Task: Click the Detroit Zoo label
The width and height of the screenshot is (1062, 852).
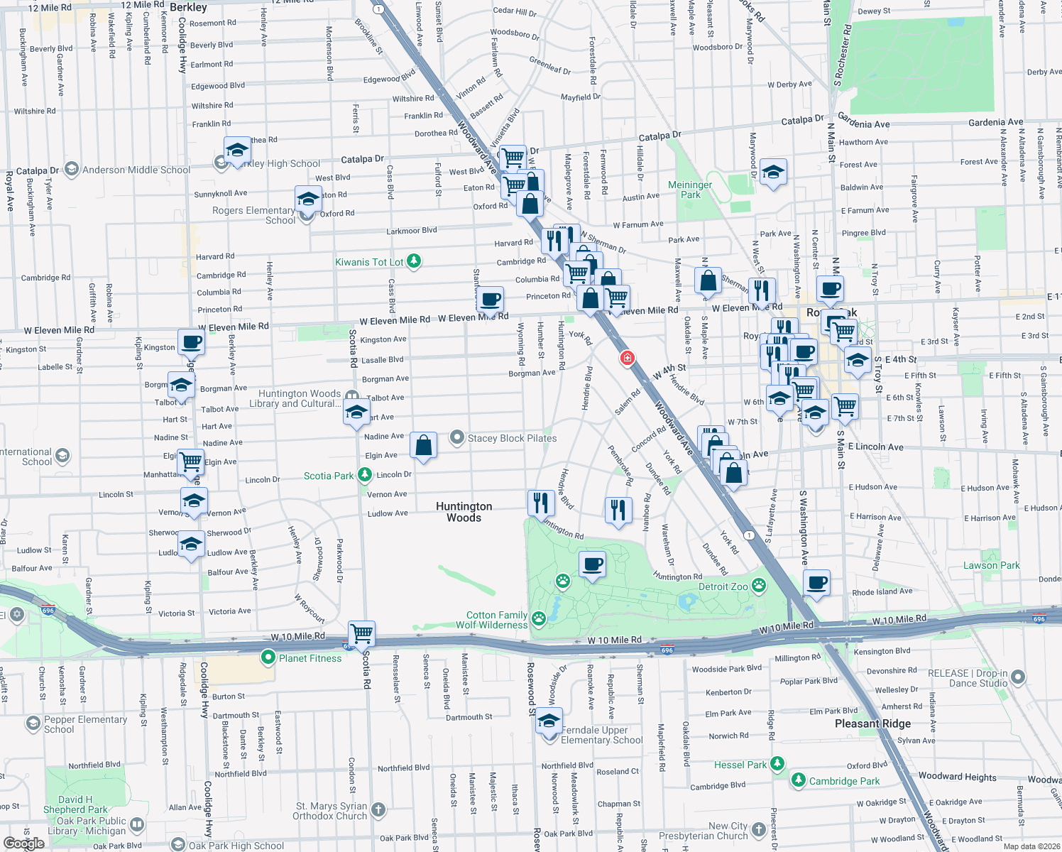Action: [x=723, y=586]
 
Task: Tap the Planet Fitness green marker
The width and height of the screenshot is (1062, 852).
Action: [x=268, y=657]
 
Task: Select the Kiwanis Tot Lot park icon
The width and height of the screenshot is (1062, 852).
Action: [x=414, y=262]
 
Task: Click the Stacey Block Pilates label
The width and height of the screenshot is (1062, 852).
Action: [x=512, y=438]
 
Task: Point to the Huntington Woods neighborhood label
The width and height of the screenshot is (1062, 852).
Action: [x=464, y=512]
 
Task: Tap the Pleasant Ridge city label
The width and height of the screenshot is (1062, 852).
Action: [x=872, y=723]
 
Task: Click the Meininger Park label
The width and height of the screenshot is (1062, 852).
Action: [x=690, y=190]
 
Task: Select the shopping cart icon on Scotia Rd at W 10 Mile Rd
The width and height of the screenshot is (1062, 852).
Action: [x=361, y=633]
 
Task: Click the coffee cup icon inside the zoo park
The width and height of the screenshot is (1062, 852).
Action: [x=592, y=565]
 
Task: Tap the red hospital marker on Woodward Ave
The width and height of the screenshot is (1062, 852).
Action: [x=627, y=358]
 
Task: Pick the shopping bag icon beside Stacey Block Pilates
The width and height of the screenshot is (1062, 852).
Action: [x=424, y=446]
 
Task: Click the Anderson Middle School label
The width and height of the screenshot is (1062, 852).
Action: [x=136, y=170]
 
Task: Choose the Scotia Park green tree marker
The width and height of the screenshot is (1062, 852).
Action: [x=365, y=474]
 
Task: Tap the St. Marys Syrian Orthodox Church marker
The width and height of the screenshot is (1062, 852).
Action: [x=378, y=809]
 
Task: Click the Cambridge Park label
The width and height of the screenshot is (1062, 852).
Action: [x=844, y=781]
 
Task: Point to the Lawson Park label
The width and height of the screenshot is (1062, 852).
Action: [x=991, y=565]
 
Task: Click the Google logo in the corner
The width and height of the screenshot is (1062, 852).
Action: [x=23, y=843]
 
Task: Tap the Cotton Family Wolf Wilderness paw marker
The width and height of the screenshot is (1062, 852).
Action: [x=539, y=618]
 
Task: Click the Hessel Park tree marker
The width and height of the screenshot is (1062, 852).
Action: [x=777, y=764]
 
